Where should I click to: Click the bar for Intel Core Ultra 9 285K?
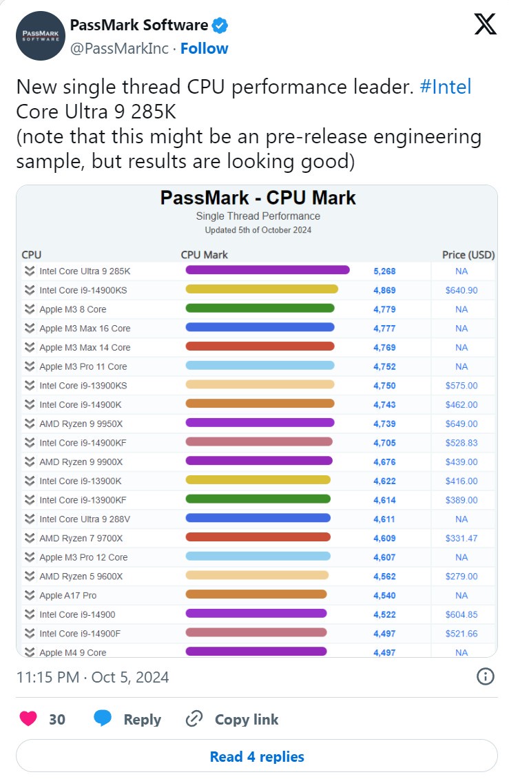[267, 271]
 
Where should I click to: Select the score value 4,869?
[384, 290]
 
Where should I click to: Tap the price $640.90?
[461, 290]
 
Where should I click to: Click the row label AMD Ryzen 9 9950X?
[81, 424]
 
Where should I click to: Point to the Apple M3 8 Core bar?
[260, 309]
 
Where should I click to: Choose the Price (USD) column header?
[468, 255]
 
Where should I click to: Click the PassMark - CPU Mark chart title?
[258, 198]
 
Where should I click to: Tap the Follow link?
[204, 48]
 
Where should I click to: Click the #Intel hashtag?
[445, 87]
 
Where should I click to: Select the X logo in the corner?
[485, 25]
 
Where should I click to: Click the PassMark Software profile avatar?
[39, 35]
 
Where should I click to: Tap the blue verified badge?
[220, 26]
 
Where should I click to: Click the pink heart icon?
[28, 719]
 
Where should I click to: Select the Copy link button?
[233, 719]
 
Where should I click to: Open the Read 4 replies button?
[256, 756]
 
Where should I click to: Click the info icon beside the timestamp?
[485, 676]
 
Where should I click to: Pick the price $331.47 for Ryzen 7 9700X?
[461, 538]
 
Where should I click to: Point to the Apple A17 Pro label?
[68, 595]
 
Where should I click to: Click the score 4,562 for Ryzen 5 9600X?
[384, 576]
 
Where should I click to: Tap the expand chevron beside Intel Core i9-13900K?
[29, 481]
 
